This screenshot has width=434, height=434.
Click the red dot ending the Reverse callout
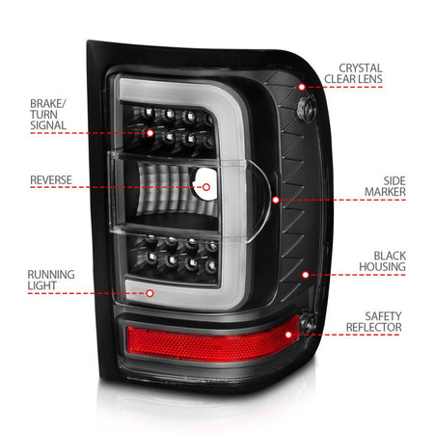click(x=206, y=186)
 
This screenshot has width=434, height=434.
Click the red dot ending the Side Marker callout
click(x=276, y=200)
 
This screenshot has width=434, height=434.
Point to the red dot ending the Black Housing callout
click(x=306, y=274)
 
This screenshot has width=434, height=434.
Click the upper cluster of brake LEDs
click(x=179, y=130)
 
